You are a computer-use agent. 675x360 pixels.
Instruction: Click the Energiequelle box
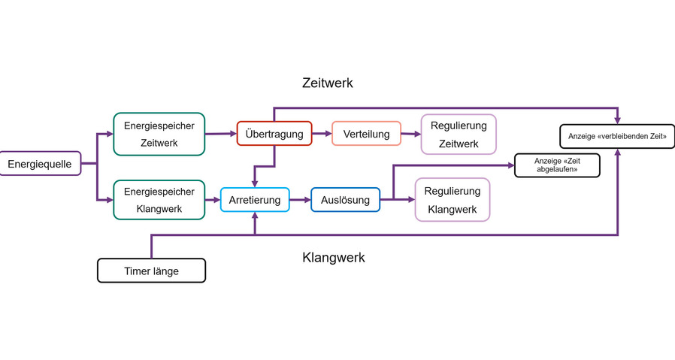pyautogui.click(x=40, y=163)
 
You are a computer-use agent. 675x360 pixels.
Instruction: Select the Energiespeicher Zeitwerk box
pyautogui.click(x=159, y=134)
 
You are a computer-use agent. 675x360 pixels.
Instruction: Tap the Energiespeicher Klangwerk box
pyautogui.click(x=159, y=199)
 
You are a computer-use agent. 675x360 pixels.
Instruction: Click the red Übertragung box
pyautogui.click(x=274, y=135)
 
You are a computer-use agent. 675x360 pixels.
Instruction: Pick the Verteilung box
pyautogui.click(x=366, y=135)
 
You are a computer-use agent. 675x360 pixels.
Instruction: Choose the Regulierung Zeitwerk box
pyautogui.click(x=459, y=134)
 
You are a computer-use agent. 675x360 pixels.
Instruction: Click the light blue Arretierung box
pyautogui.click(x=255, y=200)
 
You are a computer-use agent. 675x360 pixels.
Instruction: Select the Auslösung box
pyautogui.click(x=345, y=200)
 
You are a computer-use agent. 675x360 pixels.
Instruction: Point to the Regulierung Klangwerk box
pyautogui.click(x=452, y=199)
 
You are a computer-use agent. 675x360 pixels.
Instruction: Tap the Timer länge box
pyautogui.click(x=151, y=271)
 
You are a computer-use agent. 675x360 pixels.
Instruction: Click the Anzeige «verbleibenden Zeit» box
pyautogui.click(x=617, y=136)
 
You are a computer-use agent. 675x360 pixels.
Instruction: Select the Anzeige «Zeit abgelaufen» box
pyautogui.click(x=556, y=165)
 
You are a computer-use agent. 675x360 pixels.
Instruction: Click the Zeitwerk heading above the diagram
pyautogui.click(x=328, y=83)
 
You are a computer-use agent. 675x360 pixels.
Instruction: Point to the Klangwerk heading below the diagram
pyautogui.click(x=334, y=257)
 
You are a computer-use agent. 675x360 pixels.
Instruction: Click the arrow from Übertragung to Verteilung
pyautogui.click(x=322, y=134)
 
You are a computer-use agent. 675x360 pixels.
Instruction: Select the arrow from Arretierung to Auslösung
pyautogui.click(x=300, y=200)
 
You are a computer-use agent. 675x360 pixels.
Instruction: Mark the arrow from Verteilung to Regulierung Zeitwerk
pyautogui.click(x=411, y=135)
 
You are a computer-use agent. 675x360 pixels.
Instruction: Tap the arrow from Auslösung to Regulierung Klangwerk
pyautogui.click(x=398, y=200)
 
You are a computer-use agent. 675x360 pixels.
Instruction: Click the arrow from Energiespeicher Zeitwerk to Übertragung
pyautogui.click(x=220, y=134)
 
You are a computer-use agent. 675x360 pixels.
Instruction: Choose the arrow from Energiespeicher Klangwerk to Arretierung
pyautogui.click(x=212, y=200)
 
